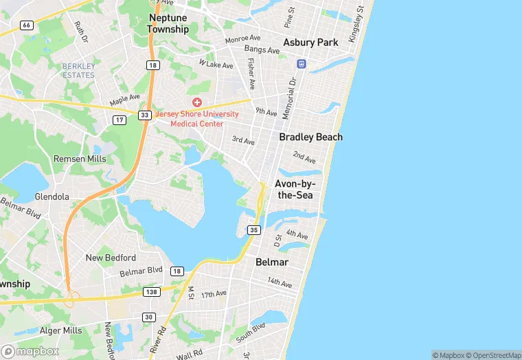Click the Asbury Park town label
[311, 43]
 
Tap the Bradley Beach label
[310, 137]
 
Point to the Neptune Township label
[168, 24]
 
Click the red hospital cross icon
[197, 102]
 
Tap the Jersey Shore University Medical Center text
[196, 119]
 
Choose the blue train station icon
[301, 64]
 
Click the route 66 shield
[27, 25]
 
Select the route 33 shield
[144, 115]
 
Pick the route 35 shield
[254, 229]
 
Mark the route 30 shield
[149, 317]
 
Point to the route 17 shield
[120, 120]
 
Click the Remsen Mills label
[80, 159]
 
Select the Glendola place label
[52, 196]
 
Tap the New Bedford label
[111, 258]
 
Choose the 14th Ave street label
[280, 282]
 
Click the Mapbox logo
[30, 351]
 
